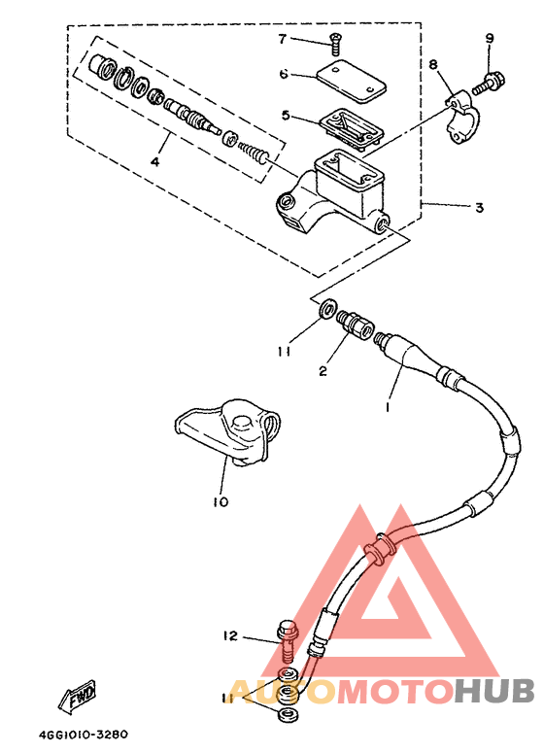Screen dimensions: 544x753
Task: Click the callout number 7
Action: (x=283, y=39)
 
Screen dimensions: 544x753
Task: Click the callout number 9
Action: (x=490, y=39)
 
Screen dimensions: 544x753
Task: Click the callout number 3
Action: (x=479, y=208)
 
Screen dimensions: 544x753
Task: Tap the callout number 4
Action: (x=155, y=161)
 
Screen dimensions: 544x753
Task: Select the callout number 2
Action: (x=323, y=371)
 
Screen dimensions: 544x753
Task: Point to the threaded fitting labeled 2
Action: (x=354, y=325)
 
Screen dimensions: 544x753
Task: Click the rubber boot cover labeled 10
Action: (x=227, y=431)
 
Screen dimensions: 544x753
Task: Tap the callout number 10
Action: (x=221, y=502)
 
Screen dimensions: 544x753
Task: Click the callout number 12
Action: (x=231, y=635)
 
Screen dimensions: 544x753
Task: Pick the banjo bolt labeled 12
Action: (x=288, y=641)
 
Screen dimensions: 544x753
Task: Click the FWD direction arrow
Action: (x=78, y=695)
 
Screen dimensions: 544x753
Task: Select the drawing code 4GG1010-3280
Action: (x=84, y=735)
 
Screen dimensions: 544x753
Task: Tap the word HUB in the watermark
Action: (x=494, y=690)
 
